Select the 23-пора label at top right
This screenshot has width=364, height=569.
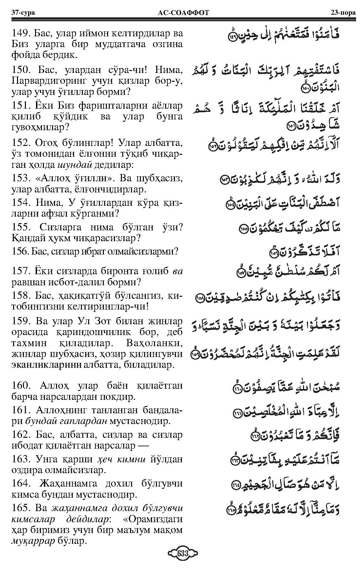coord(340,13)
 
